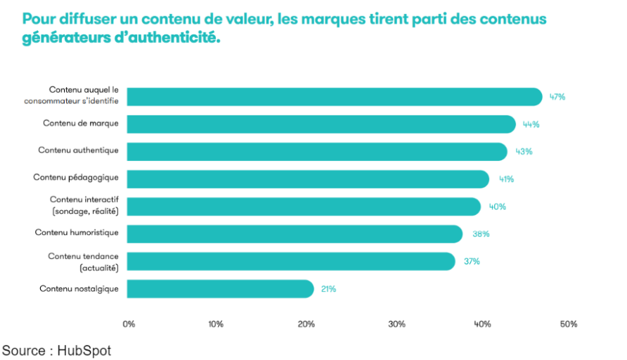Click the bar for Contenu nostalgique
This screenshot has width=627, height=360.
(x=220, y=289)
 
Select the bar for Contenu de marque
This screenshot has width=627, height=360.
(x=321, y=124)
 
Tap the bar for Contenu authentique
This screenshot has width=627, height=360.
(x=316, y=152)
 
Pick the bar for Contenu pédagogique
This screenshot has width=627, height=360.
(x=307, y=179)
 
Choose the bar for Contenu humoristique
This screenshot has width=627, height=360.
(x=294, y=234)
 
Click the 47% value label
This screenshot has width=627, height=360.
(x=557, y=97)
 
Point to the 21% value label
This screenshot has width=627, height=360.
(x=328, y=289)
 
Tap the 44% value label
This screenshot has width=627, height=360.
(x=531, y=124)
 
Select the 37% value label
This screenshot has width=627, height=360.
(x=471, y=262)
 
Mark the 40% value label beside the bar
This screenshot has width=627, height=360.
(x=498, y=207)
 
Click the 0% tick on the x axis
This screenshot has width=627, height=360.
(x=129, y=324)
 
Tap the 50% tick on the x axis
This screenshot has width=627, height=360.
(x=568, y=324)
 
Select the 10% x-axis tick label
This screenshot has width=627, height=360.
(x=216, y=324)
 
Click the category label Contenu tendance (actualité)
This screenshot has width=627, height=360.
(x=83, y=262)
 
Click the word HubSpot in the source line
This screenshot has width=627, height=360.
(x=84, y=350)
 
